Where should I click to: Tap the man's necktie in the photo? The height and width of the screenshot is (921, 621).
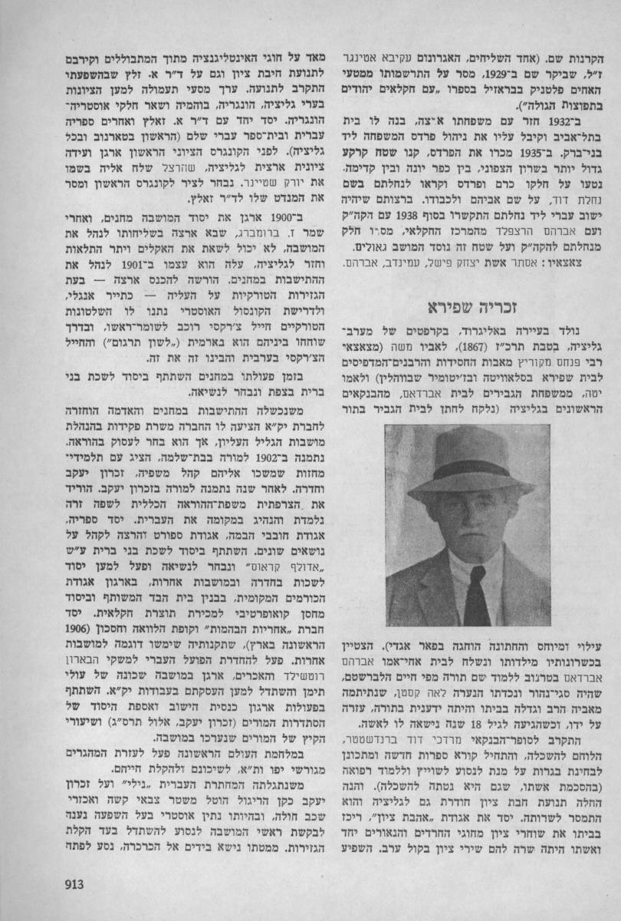(x=476, y=599)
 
